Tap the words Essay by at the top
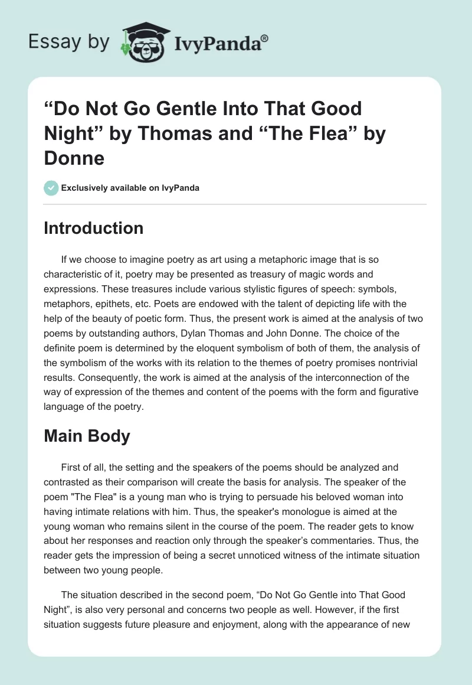coord(69,43)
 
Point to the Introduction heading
coord(93,228)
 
